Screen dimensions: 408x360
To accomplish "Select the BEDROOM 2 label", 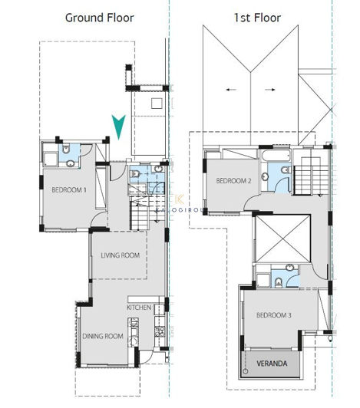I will pos(234,181).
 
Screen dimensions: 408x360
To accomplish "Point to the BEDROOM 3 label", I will pos(273,315).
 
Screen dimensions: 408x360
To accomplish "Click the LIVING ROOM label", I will pos(120,255).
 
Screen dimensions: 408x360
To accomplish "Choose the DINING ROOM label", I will pos(104,336).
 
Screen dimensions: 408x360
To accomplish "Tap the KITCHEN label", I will pos(140,308).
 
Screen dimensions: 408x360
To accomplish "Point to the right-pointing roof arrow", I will pos(269,90).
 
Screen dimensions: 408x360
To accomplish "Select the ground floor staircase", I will pos(143,211).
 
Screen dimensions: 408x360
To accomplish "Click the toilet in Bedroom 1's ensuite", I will pos(68,150).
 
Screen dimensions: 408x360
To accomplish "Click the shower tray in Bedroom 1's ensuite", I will pos(51,158).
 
